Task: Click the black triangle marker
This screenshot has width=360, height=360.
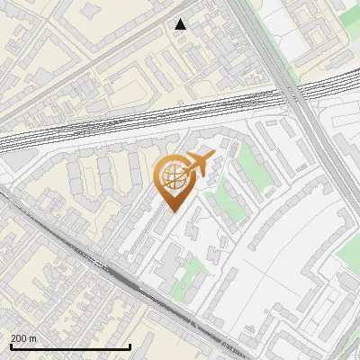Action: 181,24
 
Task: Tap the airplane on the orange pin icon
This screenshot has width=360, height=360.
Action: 195,166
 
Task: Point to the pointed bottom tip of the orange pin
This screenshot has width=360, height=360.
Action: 172,210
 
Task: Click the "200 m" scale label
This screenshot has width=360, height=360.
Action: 23,338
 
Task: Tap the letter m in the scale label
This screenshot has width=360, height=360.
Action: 32,338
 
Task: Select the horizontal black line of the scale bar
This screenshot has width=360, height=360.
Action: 70,346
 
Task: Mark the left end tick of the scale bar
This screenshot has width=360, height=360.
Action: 10,345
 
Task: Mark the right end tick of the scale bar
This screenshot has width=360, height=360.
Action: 130,345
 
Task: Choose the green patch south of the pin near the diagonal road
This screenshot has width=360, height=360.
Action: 189,274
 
